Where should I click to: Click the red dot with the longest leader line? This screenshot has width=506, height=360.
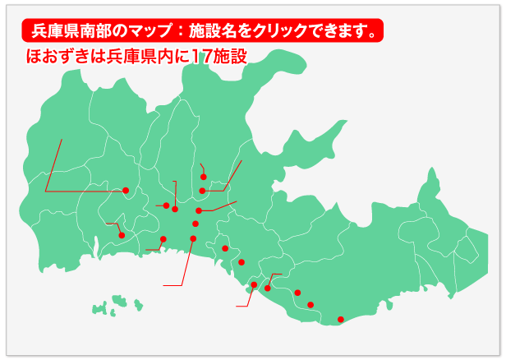pyautogui.click(x=126, y=191)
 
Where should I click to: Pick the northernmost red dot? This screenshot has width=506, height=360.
pyautogui.click(x=203, y=176)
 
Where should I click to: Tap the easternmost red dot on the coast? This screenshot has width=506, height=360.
pyautogui.click(x=341, y=319)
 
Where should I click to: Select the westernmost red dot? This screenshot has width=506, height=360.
pyautogui.click(x=122, y=236)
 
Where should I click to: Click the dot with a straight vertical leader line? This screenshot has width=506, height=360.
pyautogui.click(x=175, y=209)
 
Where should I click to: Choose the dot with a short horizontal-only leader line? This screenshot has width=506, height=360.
pyautogui.click(x=166, y=205)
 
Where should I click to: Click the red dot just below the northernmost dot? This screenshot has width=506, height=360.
pyautogui.click(x=202, y=191)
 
